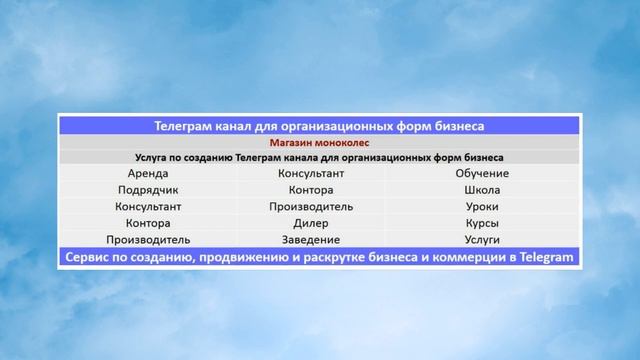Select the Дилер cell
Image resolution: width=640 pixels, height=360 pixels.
click(x=318, y=223)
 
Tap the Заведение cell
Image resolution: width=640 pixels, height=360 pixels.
click(x=318, y=240)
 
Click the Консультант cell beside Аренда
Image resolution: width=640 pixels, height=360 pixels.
click(x=318, y=173)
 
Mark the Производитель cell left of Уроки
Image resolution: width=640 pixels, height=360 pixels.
click(x=318, y=206)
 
